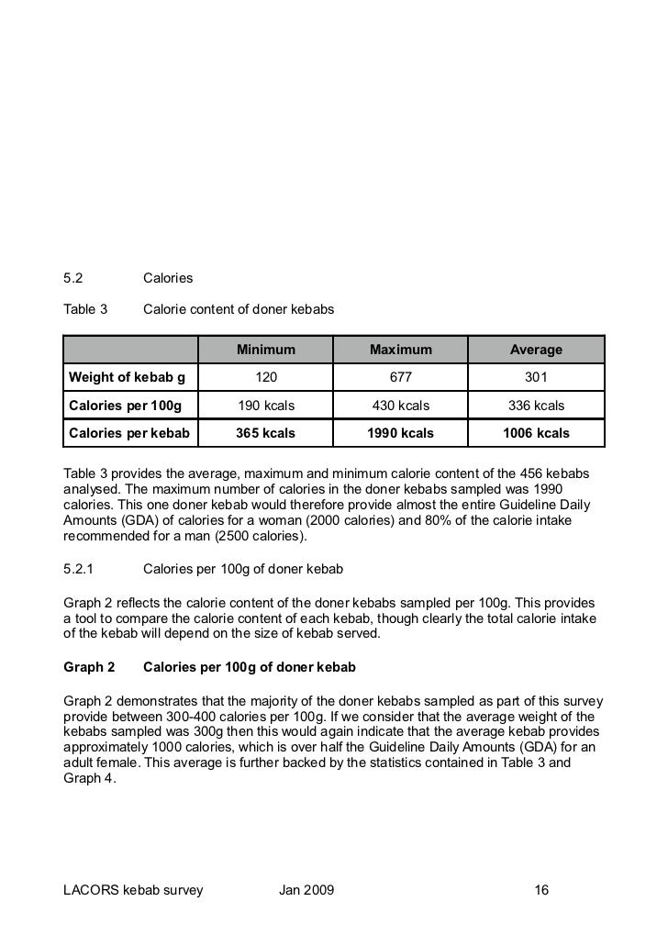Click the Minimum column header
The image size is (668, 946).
[x=266, y=350]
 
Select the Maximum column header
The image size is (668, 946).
[x=400, y=350]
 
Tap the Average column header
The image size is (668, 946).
[x=536, y=350]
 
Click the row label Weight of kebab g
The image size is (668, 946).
[x=128, y=377]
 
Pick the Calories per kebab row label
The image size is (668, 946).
[x=129, y=433]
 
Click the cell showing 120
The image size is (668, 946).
[x=266, y=377]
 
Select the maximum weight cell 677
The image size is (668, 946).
[x=400, y=377]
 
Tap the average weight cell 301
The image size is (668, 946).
[x=536, y=377]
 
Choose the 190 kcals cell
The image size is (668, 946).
[x=266, y=406]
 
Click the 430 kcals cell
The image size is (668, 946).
[x=400, y=406]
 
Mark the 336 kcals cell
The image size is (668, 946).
[x=536, y=406]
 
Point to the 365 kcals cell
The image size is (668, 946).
[x=266, y=433]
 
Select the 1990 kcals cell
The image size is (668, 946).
[x=400, y=433]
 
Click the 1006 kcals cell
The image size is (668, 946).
[x=536, y=433]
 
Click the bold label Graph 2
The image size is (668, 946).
[x=89, y=665]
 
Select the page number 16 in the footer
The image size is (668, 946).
[x=541, y=890]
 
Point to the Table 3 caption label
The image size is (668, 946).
[x=85, y=310]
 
